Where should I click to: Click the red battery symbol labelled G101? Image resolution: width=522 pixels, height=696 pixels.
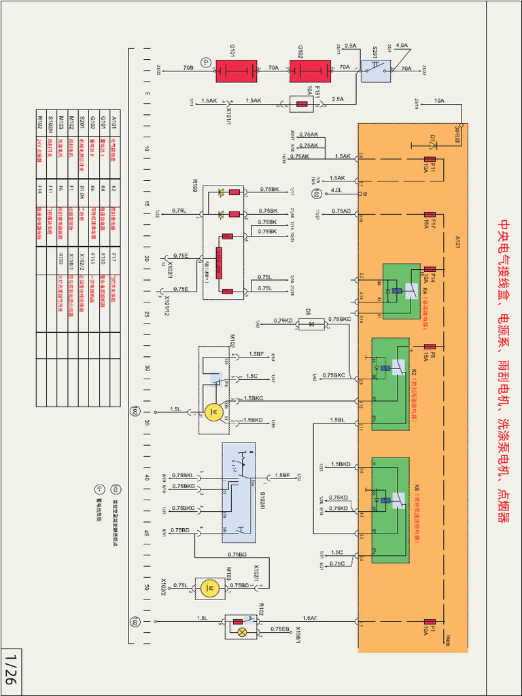click(235, 71)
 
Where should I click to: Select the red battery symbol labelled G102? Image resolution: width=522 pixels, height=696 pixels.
click(309, 71)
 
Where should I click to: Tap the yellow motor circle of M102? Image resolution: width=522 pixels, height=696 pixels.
click(213, 412)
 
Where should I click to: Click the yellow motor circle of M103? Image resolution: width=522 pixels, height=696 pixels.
click(211, 589)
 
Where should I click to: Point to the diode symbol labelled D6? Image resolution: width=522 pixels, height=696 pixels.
click(311, 324)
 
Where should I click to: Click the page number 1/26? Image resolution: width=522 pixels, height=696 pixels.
click(10, 669)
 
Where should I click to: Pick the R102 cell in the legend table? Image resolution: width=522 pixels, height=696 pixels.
click(40, 122)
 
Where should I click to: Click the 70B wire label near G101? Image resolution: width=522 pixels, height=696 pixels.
click(188, 68)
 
